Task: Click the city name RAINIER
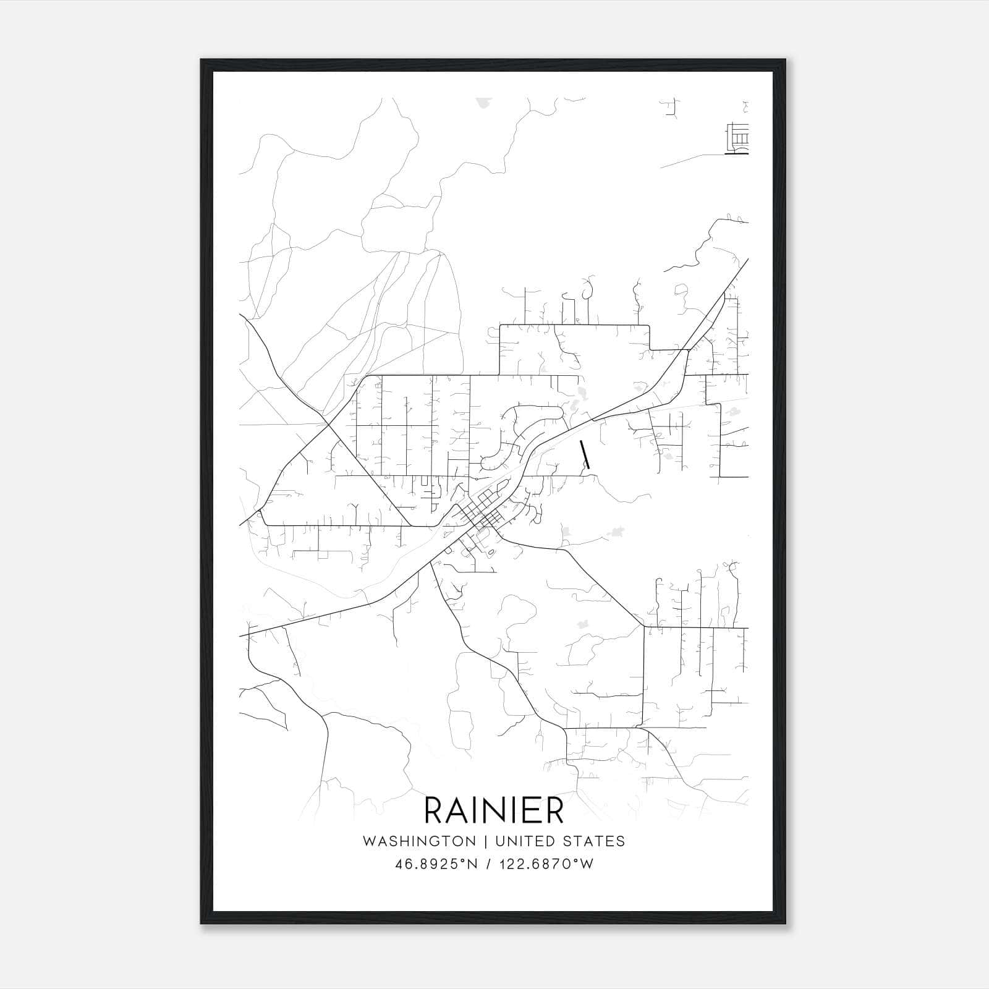(x=494, y=810)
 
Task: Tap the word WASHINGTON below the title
(x=419, y=841)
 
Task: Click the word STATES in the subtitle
(x=594, y=841)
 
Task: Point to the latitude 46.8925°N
(x=436, y=864)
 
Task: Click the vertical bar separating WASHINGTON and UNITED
(x=486, y=841)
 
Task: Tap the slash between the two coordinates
(x=490, y=864)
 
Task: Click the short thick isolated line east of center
(x=585, y=454)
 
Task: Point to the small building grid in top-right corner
(x=738, y=140)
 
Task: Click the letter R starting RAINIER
(x=435, y=810)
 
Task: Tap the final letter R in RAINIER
(x=554, y=810)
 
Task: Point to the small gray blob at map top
(x=483, y=104)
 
